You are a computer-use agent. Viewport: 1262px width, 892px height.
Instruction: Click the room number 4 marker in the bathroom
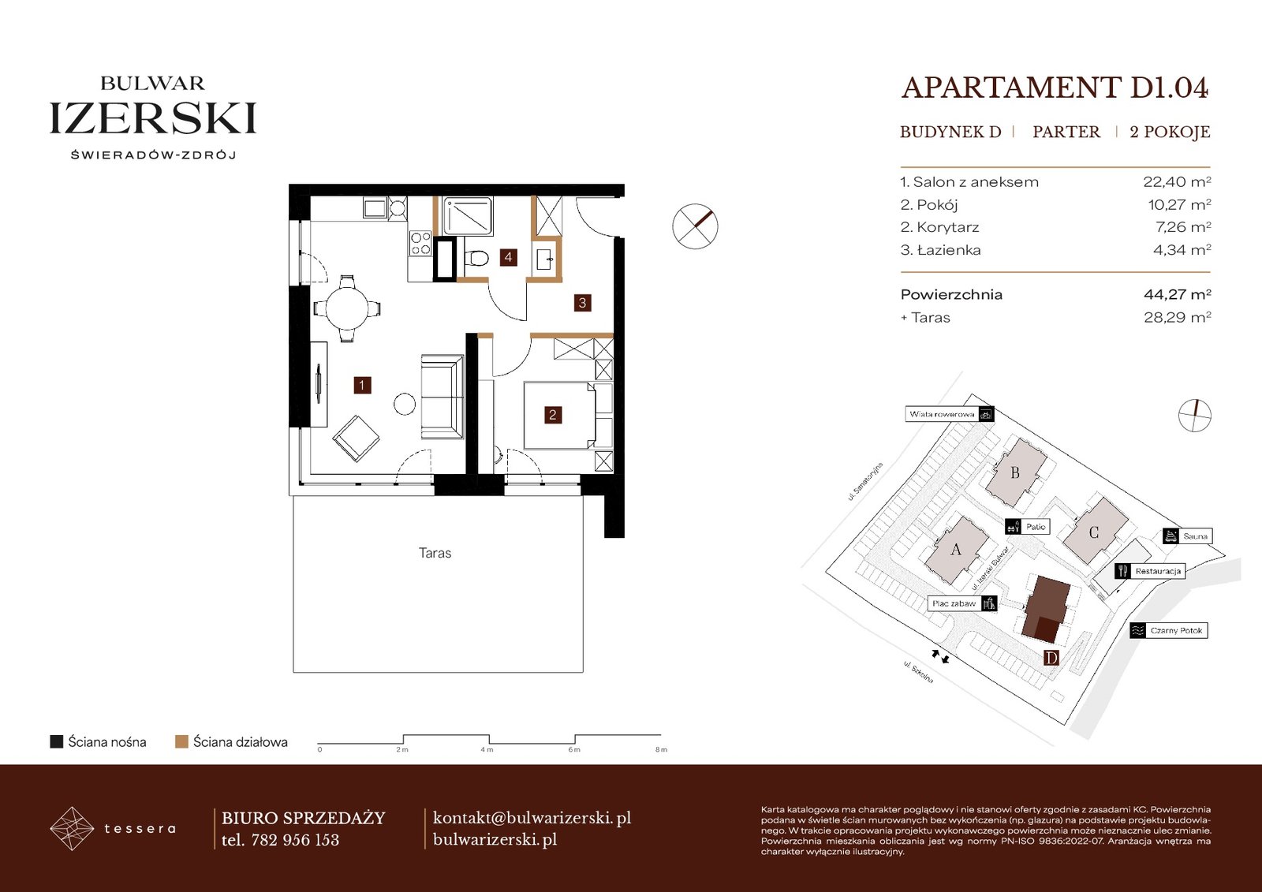point(508,258)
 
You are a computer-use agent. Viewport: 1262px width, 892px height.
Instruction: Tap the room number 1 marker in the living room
point(362,386)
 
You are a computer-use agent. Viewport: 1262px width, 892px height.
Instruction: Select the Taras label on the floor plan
point(435,553)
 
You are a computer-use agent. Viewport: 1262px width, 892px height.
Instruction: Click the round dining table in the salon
point(347,309)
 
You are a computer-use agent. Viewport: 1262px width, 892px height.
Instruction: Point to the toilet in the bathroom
point(476,259)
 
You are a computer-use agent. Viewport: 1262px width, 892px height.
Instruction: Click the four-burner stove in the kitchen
point(420,244)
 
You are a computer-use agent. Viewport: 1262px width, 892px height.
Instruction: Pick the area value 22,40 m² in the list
point(1177,182)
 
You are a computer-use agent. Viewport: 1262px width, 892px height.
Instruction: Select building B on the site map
point(1015,472)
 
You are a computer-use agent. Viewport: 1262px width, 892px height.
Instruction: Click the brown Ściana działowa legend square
point(181,741)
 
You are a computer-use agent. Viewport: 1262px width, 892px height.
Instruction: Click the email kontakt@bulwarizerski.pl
point(532,818)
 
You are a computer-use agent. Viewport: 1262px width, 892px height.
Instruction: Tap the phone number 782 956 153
point(295,840)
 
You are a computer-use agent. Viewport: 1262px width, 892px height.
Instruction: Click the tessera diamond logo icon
point(72,828)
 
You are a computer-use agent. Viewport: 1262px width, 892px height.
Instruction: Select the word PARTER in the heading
point(1066,132)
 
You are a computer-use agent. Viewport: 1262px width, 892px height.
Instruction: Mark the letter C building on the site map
point(1095,532)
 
